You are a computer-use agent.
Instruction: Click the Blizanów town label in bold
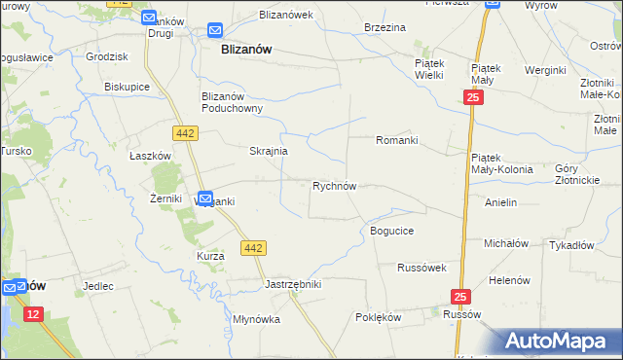point(246,48)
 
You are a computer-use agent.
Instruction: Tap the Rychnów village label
point(339,185)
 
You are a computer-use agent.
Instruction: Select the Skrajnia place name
point(268,152)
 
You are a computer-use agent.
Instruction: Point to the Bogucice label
point(392,231)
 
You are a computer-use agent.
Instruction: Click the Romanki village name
point(397,140)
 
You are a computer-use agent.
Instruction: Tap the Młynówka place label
point(257,319)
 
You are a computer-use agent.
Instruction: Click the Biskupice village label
point(127,86)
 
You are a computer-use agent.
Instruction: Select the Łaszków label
point(151,155)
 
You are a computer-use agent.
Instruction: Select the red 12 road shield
point(34,313)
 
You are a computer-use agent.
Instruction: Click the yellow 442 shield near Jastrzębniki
point(253,249)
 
